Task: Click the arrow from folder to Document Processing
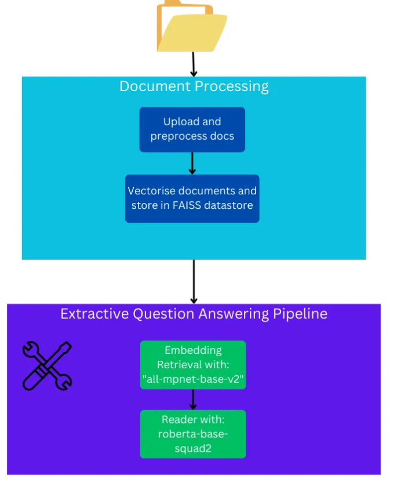click(x=194, y=64)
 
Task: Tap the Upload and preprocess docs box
click(x=192, y=129)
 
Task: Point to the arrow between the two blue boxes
click(x=192, y=163)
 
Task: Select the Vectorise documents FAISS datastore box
click(x=192, y=198)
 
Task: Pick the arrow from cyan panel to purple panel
click(x=194, y=281)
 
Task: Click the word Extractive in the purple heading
click(x=94, y=314)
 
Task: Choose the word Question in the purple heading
click(x=165, y=314)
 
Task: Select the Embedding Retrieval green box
click(x=193, y=364)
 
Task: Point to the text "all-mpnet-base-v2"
click(x=193, y=378)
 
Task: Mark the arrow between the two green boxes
click(x=193, y=399)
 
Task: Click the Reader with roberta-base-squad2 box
click(x=193, y=434)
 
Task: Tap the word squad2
click(x=193, y=447)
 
